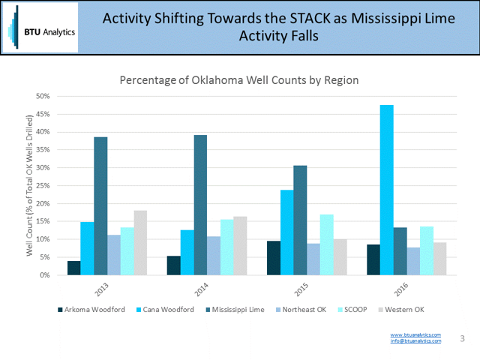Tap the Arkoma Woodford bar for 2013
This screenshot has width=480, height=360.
coord(73,268)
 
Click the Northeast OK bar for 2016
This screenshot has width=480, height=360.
coord(413,261)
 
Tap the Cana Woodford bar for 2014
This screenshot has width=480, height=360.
coord(187,252)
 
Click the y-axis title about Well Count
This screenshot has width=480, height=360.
coord(30,185)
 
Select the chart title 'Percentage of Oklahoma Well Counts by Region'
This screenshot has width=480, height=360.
coord(240,79)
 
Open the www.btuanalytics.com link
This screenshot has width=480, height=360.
coord(415,334)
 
